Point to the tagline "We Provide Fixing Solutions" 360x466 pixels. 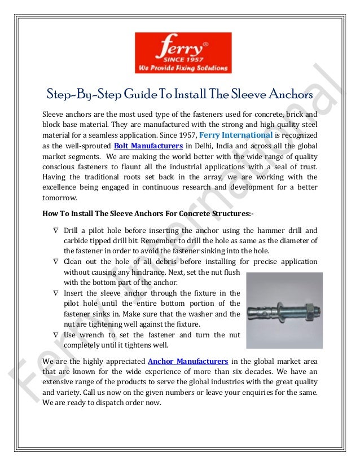(182, 68)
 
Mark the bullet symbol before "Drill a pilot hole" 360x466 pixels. (55, 231)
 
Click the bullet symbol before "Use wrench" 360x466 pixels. (55, 335)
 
